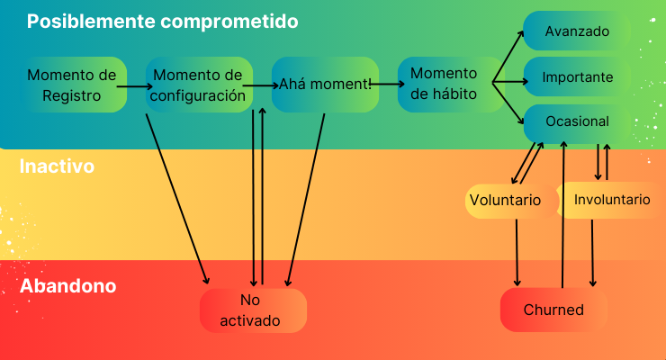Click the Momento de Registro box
pos(72,85)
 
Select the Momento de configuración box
pos(199,85)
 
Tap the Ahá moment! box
pos(325,85)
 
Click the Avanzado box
pos(577,31)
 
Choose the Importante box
pos(577,77)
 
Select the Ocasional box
pos(577,121)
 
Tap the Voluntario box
pos(505,201)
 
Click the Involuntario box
pos(612,200)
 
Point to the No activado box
pos(252,310)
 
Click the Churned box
pos(553,310)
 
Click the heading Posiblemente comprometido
pos(162,21)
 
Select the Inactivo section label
pos(57,166)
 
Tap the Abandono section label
pos(67,287)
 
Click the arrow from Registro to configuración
pos(136,86)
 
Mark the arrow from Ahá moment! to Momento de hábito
pos(388,84)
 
